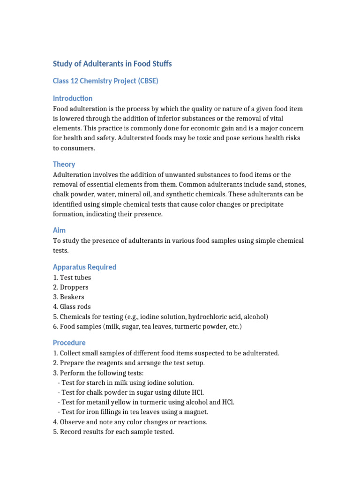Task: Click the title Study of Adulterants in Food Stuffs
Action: [x=112, y=64]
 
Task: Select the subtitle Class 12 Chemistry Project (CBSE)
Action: [x=105, y=81]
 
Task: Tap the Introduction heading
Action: [x=73, y=98]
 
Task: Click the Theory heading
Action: [x=64, y=165]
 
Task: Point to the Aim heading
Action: [x=59, y=230]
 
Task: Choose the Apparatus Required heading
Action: [x=84, y=267]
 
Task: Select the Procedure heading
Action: [x=69, y=343]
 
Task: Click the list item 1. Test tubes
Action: [x=72, y=277]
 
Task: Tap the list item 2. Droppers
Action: [x=71, y=287]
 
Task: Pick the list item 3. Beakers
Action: [x=69, y=297]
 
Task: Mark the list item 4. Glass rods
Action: [x=72, y=307]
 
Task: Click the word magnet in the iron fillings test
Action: [x=196, y=412]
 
